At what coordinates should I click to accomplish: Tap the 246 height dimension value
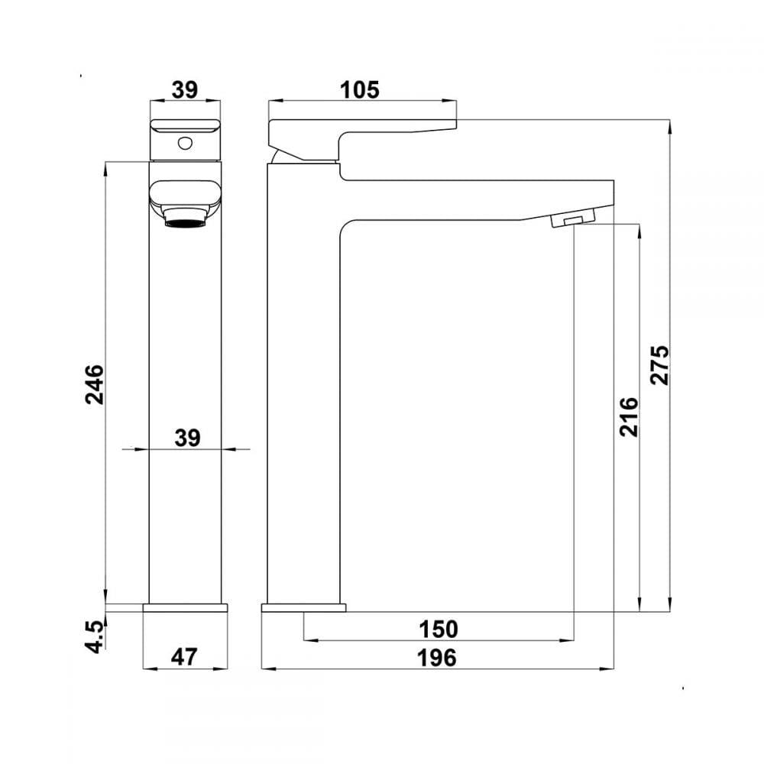pos(95,384)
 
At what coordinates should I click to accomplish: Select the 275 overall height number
pos(660,365)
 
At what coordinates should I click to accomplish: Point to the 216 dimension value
pos(629,416)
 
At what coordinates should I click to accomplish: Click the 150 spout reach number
pos(439,629)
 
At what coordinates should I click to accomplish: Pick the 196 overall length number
pos(437,658)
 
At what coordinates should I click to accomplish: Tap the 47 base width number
pos(184,657)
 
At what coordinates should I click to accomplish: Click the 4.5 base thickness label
pos(95,637)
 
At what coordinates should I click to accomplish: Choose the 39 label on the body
pos(188,438)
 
